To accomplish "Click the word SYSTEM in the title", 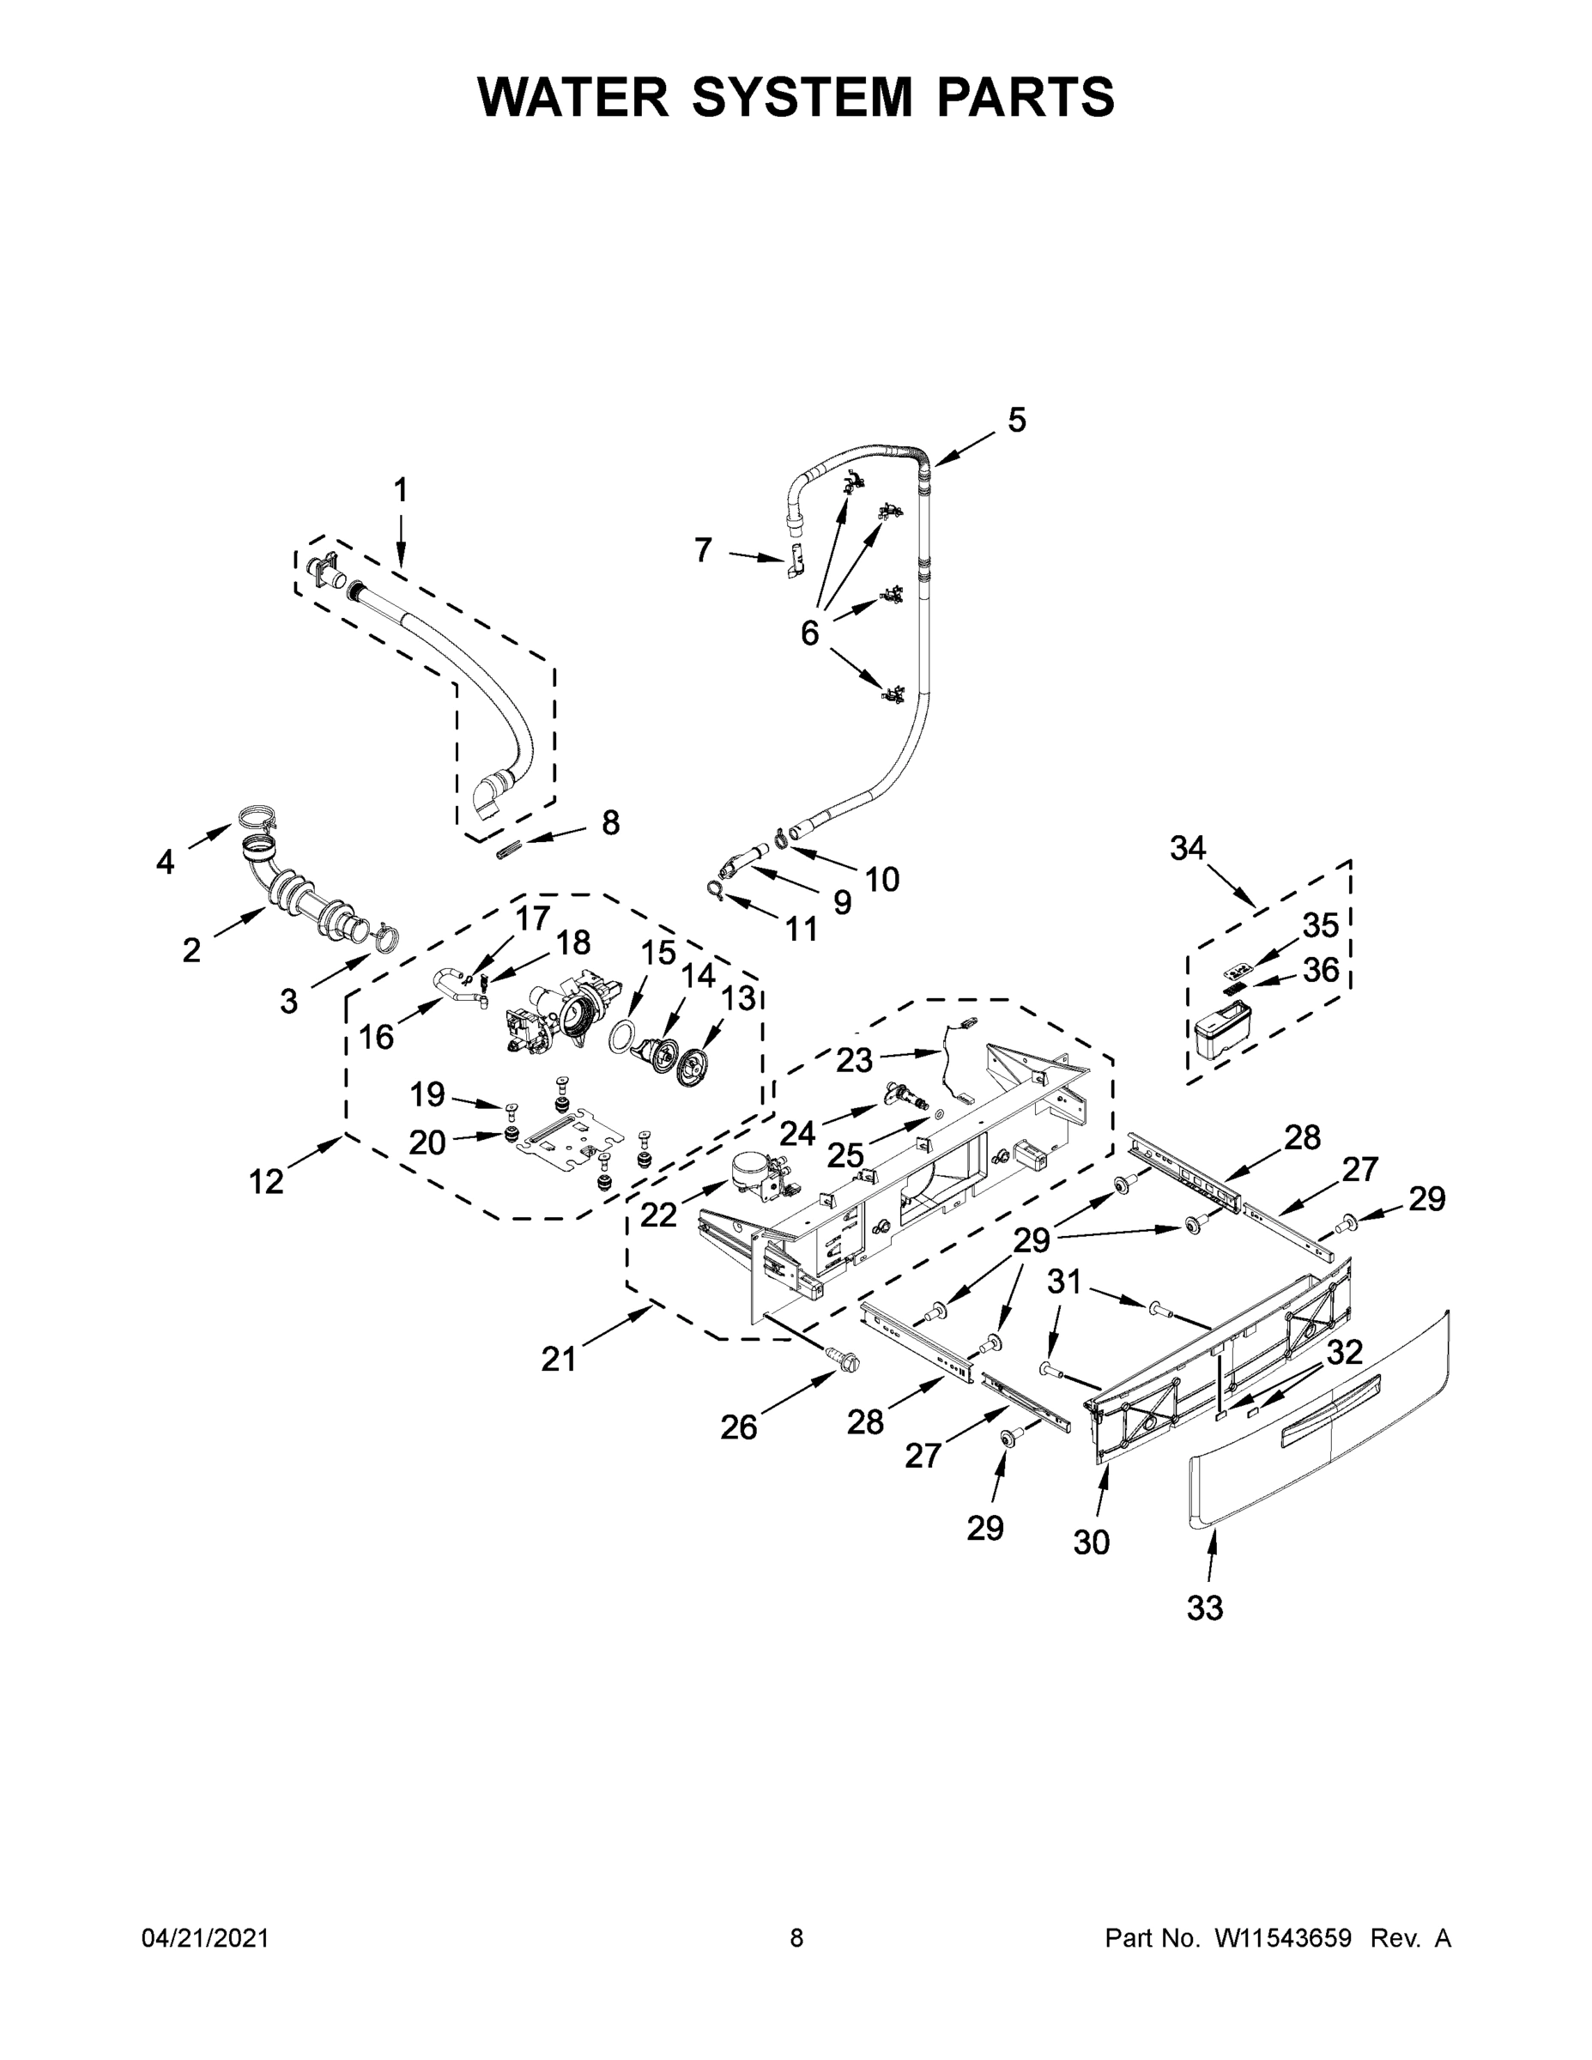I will tap(802, 97).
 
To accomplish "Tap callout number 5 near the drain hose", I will tap(1016, 420).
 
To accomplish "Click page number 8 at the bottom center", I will tap(796, 1938).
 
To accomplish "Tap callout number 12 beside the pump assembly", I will tap(266, 1181).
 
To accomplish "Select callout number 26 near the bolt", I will tap(738, 1427).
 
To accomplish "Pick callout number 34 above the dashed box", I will tap(1188, 848).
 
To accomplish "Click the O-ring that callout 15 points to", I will tap(619, 1037).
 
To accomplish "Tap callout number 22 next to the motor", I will tap(658, 1215).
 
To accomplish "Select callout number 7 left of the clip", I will tap(703, 549).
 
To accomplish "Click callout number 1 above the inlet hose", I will tap(401, 489).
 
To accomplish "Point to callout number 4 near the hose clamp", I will tap(165, 861).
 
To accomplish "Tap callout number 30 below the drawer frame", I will tap(1091, 1542).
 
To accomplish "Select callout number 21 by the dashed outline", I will tap(559, 1360).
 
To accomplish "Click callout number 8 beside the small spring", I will tap(610, 822).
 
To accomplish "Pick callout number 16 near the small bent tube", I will tap(376, 1037).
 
